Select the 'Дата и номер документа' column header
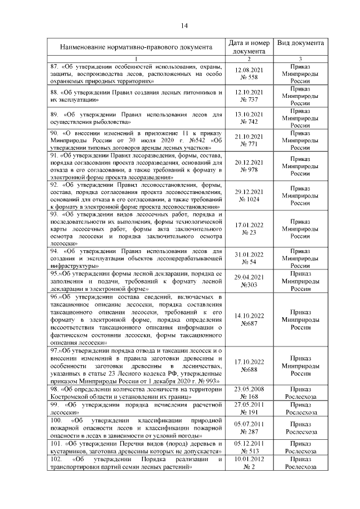pyautogui.click(x=248, y=47)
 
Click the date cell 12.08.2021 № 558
pyautogui.click(x=248, y=73)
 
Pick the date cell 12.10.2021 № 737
pyautogui.click(x=248, y=96)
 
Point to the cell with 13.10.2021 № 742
pyautogui.click(x=248, y=118)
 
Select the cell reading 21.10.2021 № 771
pyautogui.click(x=248, y=140)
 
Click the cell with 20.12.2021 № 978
pyautogui.click(x=248, y=166)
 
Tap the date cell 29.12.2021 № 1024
pyautogui.click(x=248, y=195)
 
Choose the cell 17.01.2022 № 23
pyautogui.click(x=248, y=228)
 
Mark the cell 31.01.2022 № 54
pyautogui.click(x=248, y=258)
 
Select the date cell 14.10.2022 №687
pyautogui.click(x=248, y=319)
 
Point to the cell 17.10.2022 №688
pyautogui.click(x=248, y=366)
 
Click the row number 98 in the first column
pyautogui.click(x=54, y=389)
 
